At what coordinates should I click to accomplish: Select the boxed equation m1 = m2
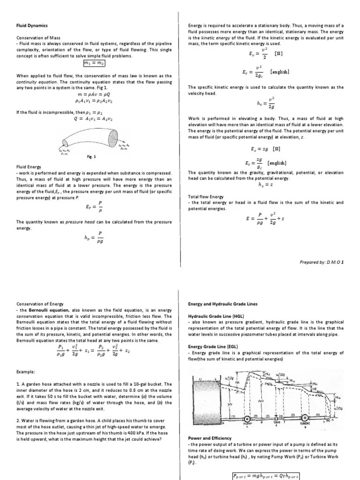[94, 63]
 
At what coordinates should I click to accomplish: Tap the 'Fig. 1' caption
[91, 157]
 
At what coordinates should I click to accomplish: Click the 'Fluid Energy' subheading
[29, 166]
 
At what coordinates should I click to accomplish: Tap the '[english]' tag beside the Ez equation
[277, 163]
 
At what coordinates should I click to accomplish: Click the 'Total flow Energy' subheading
[206, 196]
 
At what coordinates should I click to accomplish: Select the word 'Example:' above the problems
[26, 371]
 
